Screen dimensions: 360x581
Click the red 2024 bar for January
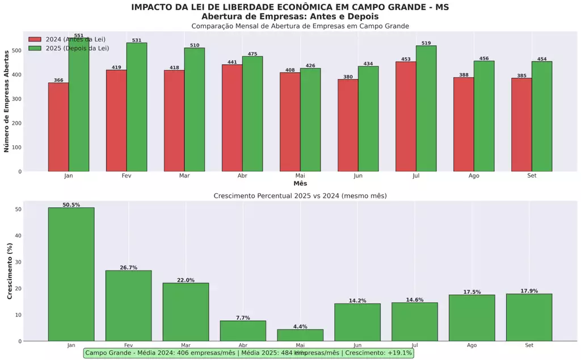coord(58,127)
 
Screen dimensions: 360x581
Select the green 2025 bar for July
coord(426,108)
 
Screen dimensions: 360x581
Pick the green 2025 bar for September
coord(542,116)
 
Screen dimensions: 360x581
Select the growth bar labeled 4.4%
coord(300,335)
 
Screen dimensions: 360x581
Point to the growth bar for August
coord(472,317)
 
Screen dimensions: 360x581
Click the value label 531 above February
coord(137,40)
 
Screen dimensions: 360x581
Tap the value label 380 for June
coord(348,76)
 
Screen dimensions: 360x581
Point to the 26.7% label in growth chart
coord(128,268)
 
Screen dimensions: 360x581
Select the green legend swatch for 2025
coord(35,48)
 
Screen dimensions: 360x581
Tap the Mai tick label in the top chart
coord(300,176)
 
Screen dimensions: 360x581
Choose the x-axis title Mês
coord(300,184)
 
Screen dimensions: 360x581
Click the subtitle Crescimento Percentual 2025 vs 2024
coord(300,196)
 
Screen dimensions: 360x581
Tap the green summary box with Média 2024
coord(249,353)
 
